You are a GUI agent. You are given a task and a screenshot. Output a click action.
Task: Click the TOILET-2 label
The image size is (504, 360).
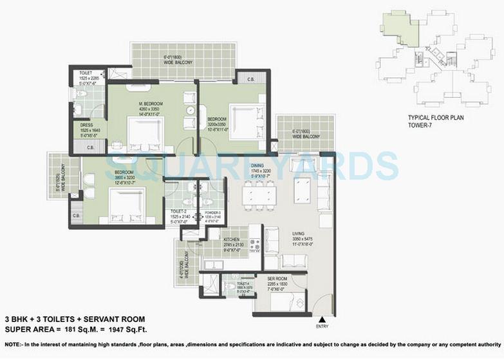[x=178, y=211]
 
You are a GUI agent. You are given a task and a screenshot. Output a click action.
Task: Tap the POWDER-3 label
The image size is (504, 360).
[x=212, y=212]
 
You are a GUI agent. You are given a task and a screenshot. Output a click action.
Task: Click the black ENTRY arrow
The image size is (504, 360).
[x=322, y=319]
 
